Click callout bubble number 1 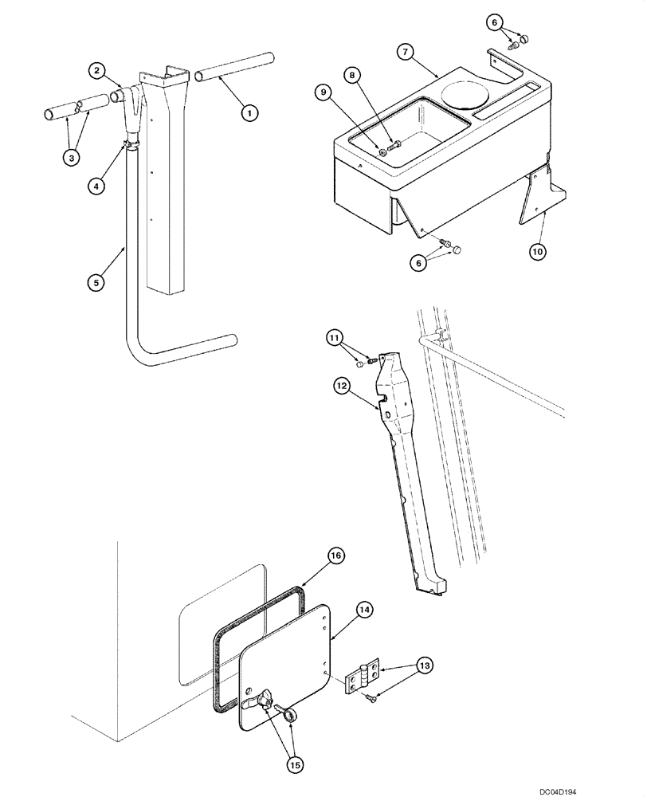pos(249,113)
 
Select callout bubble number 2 pos(96,72)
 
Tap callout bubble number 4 pos(96,186)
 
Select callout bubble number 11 pos(335,338)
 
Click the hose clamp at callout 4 pos(127,144)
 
